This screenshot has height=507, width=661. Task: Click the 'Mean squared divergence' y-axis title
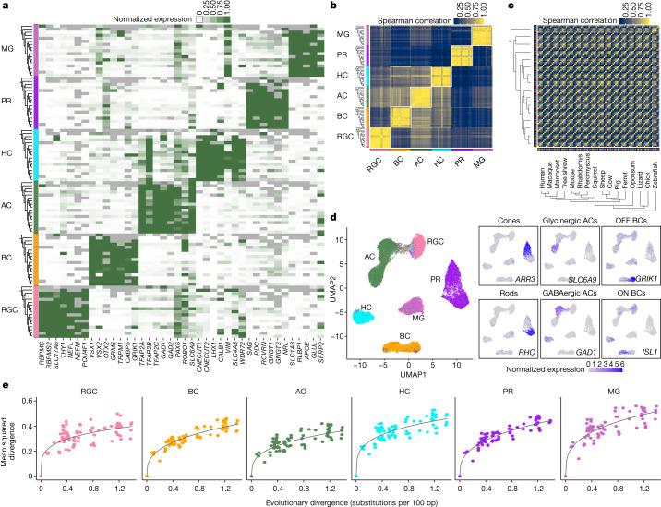click(x=8, y=441)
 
